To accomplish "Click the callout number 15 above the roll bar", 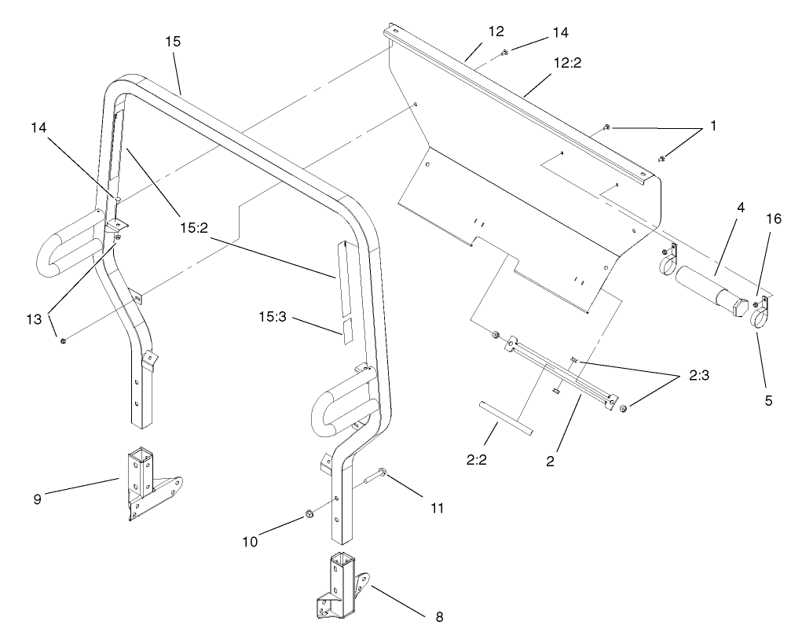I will click(174, 42).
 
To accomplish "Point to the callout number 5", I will click(768, 400).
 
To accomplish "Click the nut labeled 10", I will click(309, 515).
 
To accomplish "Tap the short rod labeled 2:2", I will click(504, 417).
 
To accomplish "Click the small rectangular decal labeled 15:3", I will click(347, 329).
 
